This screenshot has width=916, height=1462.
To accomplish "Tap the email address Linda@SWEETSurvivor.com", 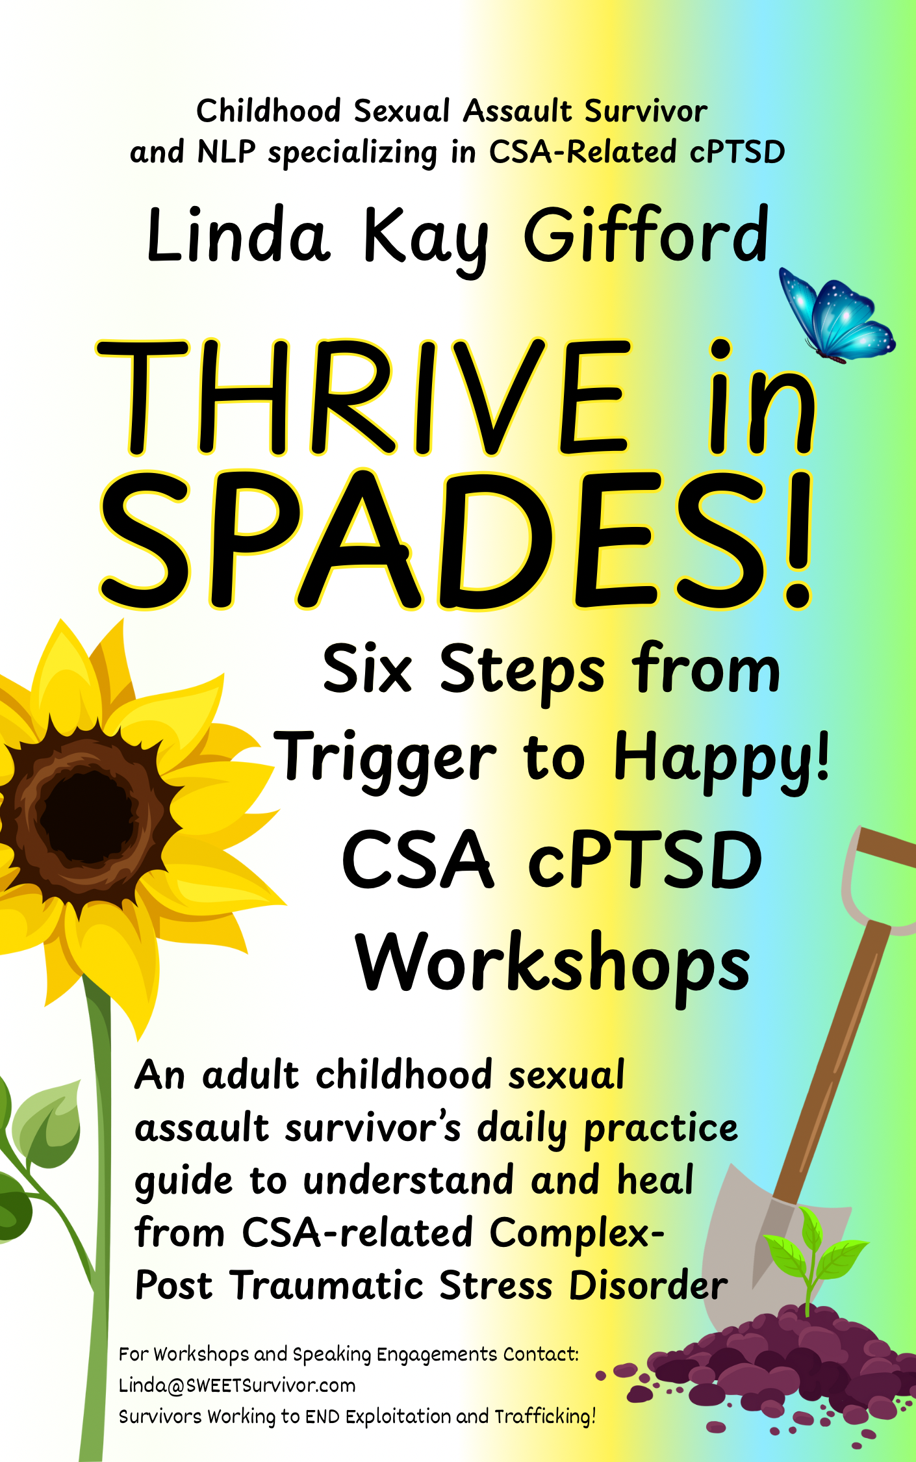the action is tap(237, 1385).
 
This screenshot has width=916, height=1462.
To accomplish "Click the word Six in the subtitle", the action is tap(367, 669).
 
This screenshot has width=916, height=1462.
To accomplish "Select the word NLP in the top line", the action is tap(226, 152).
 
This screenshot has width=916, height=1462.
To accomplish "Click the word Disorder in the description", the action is tap(648, 1285).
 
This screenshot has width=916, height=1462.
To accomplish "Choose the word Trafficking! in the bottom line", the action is tap(545, 1417).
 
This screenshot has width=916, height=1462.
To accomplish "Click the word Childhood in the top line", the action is tap(268, 110).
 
